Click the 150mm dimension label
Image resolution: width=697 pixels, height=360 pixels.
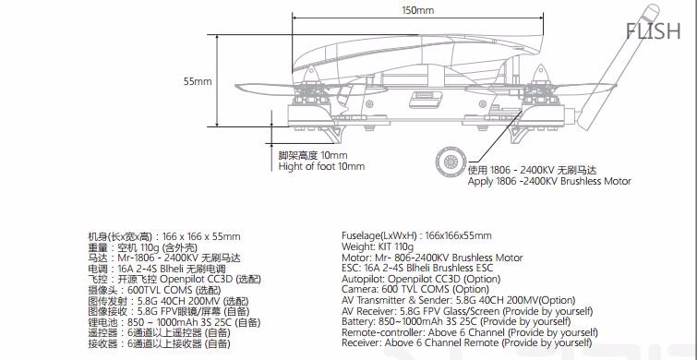point(418,10)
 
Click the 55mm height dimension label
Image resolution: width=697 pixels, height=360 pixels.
point(198,81)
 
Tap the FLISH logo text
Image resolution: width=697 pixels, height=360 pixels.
point(653,31)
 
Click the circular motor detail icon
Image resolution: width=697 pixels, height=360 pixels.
point(451,162)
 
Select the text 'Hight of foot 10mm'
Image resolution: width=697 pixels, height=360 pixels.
point(321,167)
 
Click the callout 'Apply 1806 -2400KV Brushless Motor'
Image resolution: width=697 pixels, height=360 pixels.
point(549,181)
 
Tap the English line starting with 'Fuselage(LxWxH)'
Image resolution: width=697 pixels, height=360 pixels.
point(416,235)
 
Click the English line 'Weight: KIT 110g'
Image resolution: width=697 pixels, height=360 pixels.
point(378,246)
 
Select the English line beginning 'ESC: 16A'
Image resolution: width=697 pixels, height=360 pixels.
point(417,268)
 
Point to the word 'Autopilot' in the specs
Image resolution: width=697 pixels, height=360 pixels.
point(363,279)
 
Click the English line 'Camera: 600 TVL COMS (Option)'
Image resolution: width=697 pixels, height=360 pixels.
point(409,290)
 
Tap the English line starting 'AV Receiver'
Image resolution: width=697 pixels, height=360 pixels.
point(467,311)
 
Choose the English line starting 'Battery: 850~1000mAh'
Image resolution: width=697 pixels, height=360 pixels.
point(456,321)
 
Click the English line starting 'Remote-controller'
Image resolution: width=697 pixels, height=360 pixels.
point(470,332)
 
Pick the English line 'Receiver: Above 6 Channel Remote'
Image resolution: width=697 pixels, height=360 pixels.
point(467,342)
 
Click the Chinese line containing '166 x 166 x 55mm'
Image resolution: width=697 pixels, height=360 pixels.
point(164,236)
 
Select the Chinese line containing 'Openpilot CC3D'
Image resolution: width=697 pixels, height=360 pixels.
point(174,280)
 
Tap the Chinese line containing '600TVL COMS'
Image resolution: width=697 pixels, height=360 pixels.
point(154,290)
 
